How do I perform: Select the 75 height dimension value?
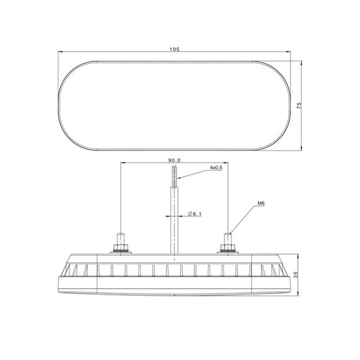pyautogui.click(x=299, y=106)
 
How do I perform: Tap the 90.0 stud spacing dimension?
pyautogui.click(x=175, y=160)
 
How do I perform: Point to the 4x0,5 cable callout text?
pyautogui.click(x=216, y=168)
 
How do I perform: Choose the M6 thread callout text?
pyautogui.click(x=260, y=203)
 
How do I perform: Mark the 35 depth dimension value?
pyautogui.click(x=299, y=277)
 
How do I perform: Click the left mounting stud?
pyautogui.click(x=120, y=238)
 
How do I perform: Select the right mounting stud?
pyautogui.click(x=229, y=238)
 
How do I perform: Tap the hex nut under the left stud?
pyautogui.click(x=120, y=250)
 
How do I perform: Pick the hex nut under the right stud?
pyautogui.click(x=229, y=250)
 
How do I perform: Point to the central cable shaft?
pyautogui.click(x=174, y=217)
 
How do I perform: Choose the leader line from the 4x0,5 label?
pyautogui.click(x=192, y=174)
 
